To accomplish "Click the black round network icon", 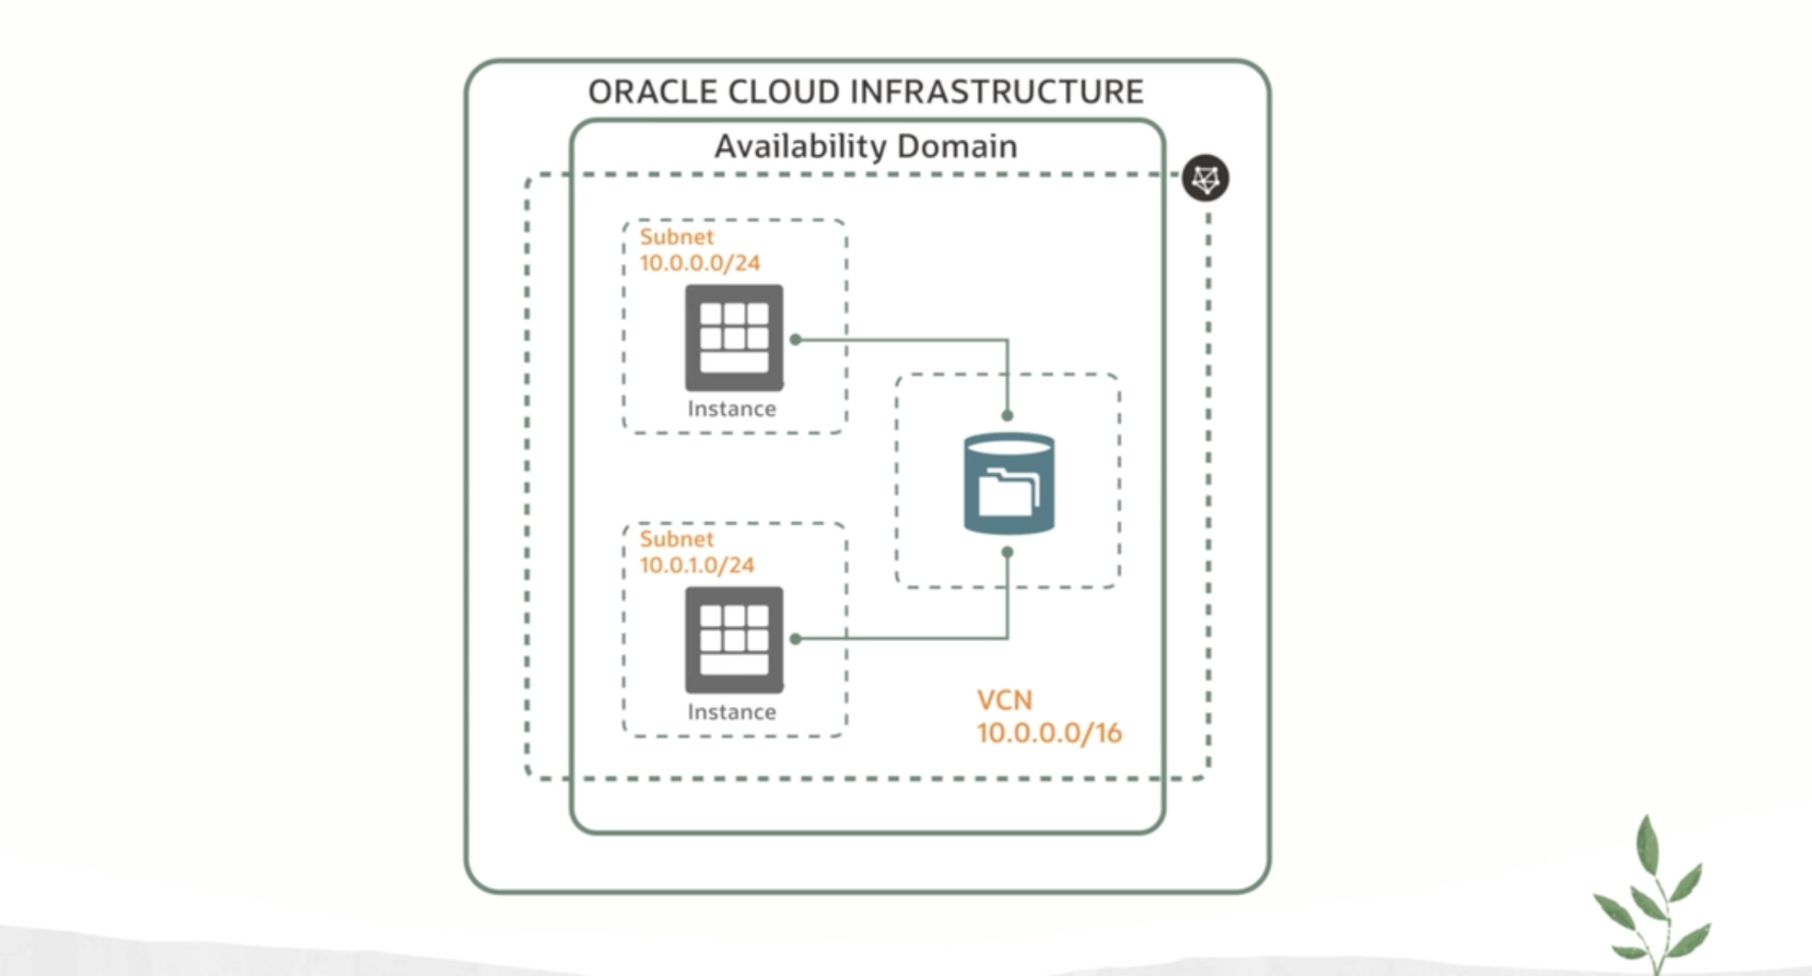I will (x=1206, y=179).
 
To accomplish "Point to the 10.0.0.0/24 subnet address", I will (x=700, y=263).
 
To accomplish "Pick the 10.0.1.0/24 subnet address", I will (x=697, y=565).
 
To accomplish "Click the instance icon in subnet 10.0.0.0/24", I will (x=734, y=337).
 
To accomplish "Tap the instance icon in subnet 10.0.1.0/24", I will (x=734, y=640).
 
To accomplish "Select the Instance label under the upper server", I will (x=732, y=409).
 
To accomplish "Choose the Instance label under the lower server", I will (x=732, y=712).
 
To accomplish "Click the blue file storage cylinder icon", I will (x=1009, y=484).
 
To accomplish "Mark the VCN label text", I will (x=1005, y=700).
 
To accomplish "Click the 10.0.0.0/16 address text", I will (x=1049, y=733).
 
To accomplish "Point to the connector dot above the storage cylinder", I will (x=1008, y=415).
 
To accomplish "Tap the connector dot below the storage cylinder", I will (x=1008, y=552).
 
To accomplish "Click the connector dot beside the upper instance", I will (x=796, y=339).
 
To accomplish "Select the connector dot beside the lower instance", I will (x=796, y=639).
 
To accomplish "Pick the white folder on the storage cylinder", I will (x=1008, y=493).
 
